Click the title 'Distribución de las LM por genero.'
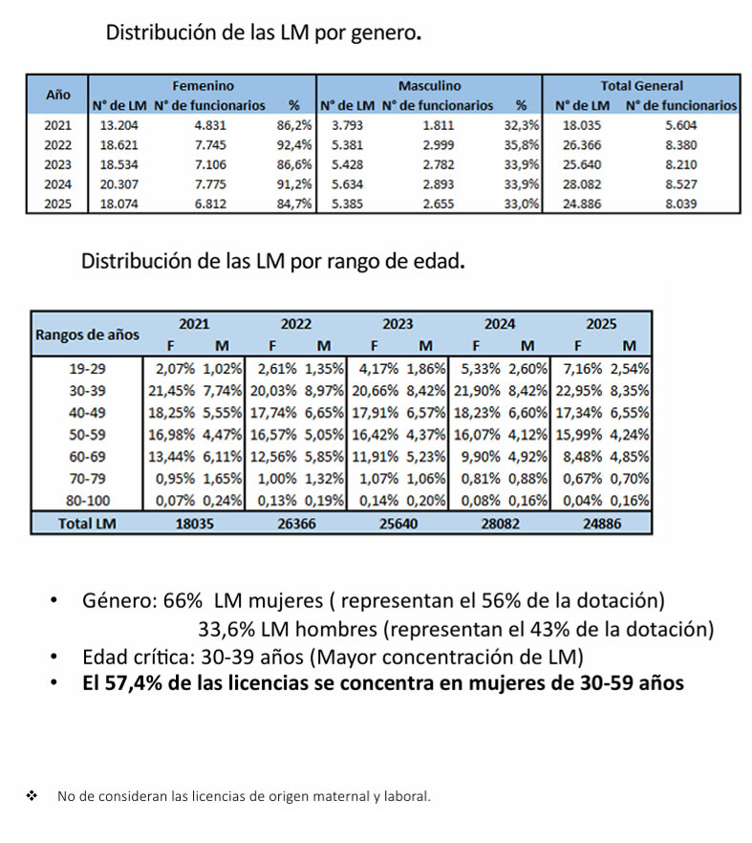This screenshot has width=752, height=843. (263, 33)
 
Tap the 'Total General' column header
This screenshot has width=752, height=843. (641, 86)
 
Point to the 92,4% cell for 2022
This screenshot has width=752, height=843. (293, 145)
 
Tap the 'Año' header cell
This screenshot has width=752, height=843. (58, 96)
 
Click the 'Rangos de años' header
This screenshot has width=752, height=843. (87, 335)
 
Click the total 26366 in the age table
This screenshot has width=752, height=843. (296, 523)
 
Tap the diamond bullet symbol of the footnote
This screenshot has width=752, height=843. (32, 795)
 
